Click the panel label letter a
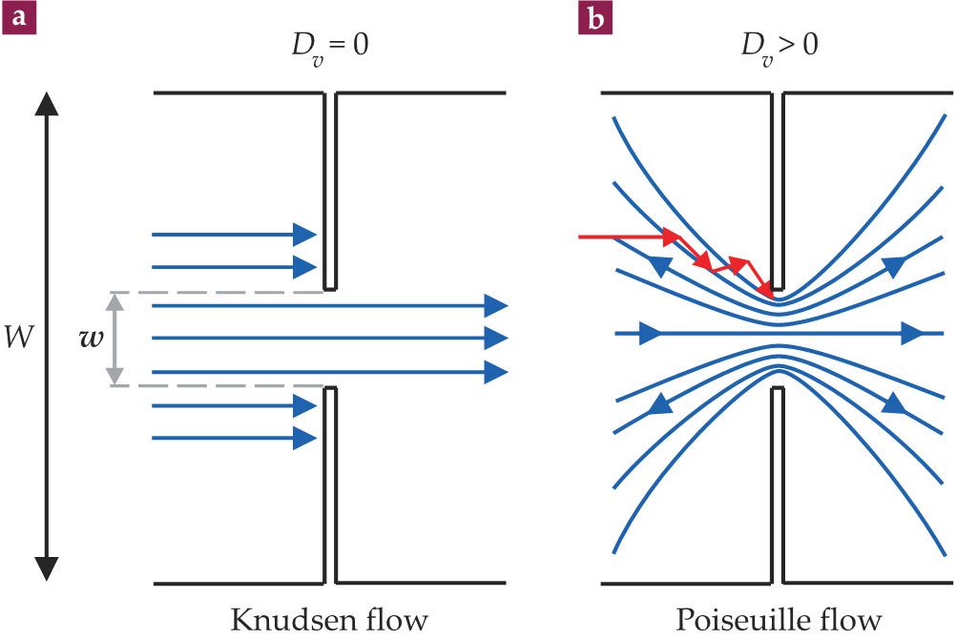pyautogui.click(x=20, y=18)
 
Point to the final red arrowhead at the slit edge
pyautogui.click(x=766, y=290)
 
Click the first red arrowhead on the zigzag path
pyautogui.click(x=672, y=235)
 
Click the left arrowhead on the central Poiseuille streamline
pyautogui.click(x=649, y=334)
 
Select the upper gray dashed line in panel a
pyautogui.click(x=229, y=292)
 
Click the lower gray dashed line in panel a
pyautogui.click(x=229, y=385)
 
